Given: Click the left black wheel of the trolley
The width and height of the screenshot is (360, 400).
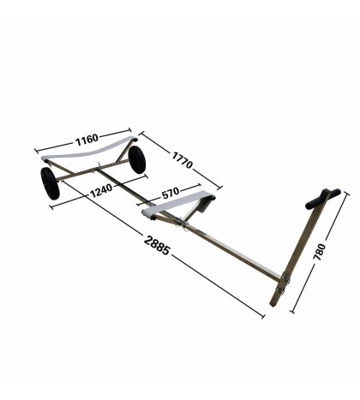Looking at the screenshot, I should [x=50, y=183].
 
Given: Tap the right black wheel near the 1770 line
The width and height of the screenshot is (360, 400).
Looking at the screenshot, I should [x=136, y=159].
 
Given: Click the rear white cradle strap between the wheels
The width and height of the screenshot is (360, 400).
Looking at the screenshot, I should [x=86, y=154].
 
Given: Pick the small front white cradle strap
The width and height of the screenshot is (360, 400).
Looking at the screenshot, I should [x=176, y=206].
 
